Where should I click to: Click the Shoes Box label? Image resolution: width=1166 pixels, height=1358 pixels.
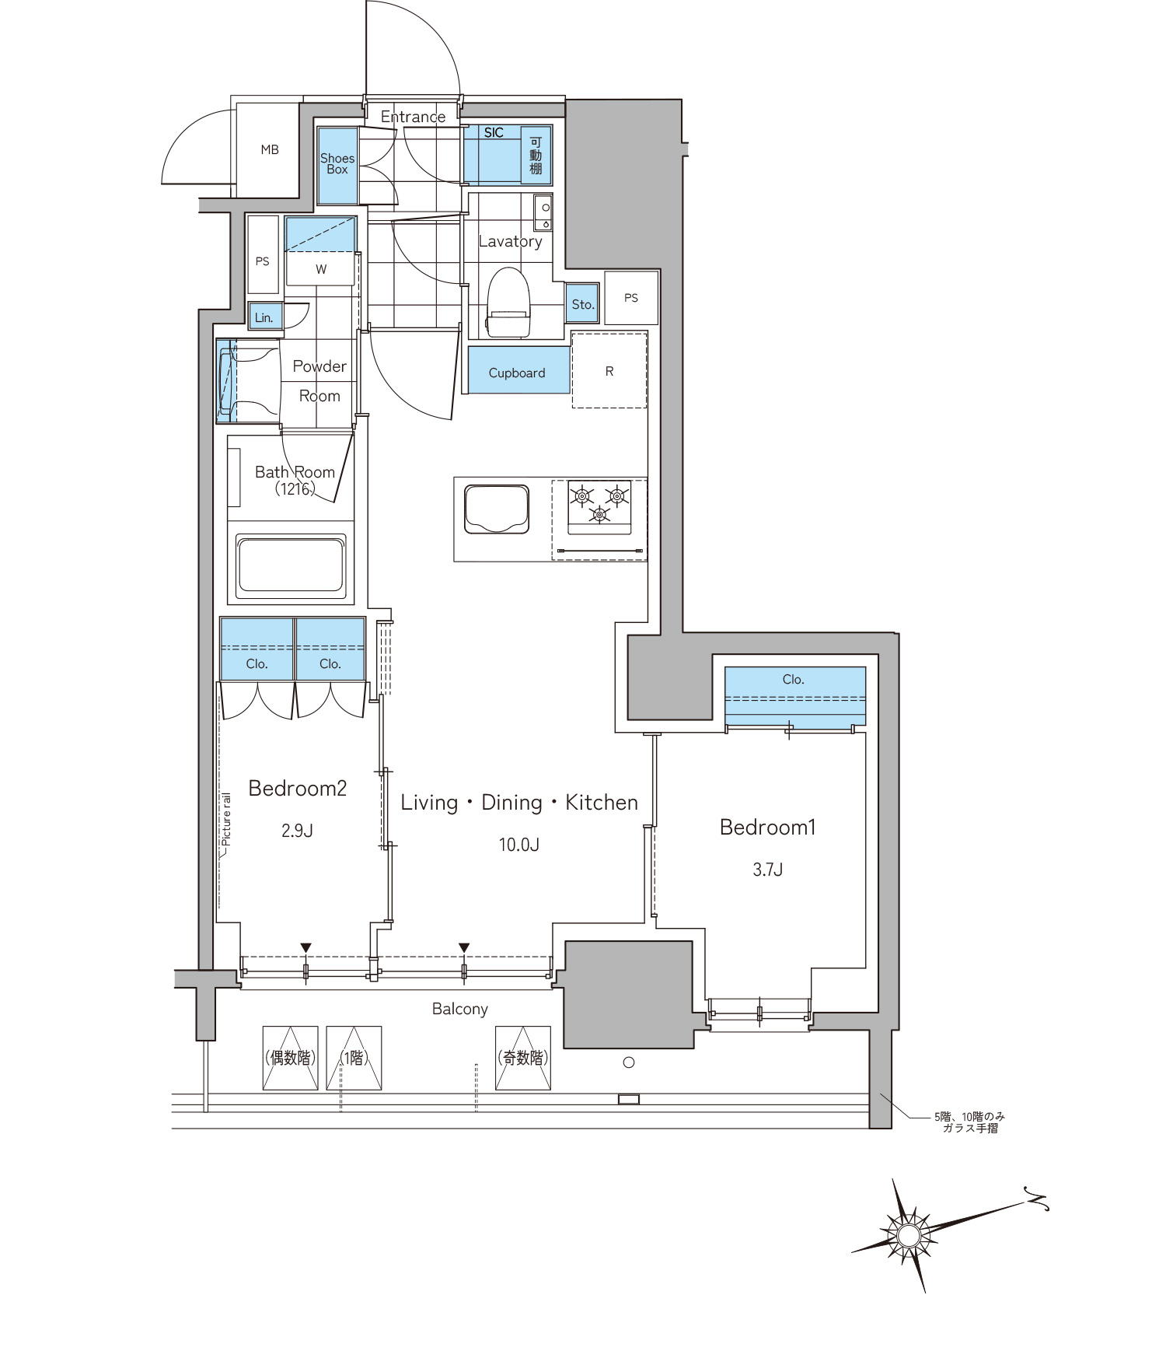tap(337, 163)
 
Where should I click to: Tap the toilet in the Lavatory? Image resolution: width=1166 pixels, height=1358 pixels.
tap(508, 303)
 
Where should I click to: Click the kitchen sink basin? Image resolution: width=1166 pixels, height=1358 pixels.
tap(497, 509)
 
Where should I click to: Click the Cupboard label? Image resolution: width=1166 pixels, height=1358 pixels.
tap(517, 373)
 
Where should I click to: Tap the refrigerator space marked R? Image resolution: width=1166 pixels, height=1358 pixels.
tap(609, 371)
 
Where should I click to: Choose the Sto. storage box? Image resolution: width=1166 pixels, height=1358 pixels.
tap(582, 304)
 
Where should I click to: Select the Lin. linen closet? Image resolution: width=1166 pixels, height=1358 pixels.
tap(264, 317)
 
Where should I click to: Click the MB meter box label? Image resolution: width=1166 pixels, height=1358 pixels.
tap(270, 149)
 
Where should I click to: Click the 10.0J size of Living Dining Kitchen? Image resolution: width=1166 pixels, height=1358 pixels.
tap(518, 845)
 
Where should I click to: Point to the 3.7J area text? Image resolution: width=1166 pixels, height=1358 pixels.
tap(767, 870)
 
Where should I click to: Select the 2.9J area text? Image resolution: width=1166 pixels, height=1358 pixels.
tap(297, 831)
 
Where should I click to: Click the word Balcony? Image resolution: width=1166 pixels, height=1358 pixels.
tap(460, 1009)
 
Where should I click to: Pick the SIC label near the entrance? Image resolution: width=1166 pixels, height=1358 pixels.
tap(494, 133)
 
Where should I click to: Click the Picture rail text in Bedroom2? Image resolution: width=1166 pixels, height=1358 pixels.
tap(226, 819)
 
